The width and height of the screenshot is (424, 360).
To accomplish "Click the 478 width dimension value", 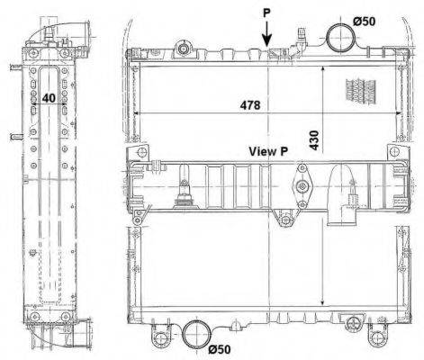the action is pyautogui.click(x=250, y=105).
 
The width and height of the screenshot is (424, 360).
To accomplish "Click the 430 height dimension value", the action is pyautogui.click(x=314, y=139).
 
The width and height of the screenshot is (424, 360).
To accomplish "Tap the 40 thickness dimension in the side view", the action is pyautogui.click(x=49, y=98).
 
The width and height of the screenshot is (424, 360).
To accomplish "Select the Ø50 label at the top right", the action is pyautogui.click(x=364, y=22).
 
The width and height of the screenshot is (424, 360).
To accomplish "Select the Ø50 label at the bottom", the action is pyautogui.click(x=220, y=349).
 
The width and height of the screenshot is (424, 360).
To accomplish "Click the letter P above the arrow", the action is pyautogui.click(x=266, y=13).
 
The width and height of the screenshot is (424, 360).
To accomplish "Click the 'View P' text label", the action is pyautogui.click(x=268, y=151).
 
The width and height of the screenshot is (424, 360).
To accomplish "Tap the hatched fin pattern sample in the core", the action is pyautogui.click(x=361, y=92).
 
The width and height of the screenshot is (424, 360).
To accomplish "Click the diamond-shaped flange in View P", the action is pyautogui.click(x=302, y=186).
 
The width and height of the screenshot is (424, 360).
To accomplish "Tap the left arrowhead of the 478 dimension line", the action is pyautogui.click(x=136, y=113).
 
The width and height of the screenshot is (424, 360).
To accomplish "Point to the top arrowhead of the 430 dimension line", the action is pyautogui.click(x=323, y=69).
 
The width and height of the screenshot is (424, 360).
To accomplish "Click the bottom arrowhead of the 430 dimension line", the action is pyautogui.click(x=323, y=302).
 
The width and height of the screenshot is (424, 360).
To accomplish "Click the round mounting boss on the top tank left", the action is pyautogui.click(x=183, y=49).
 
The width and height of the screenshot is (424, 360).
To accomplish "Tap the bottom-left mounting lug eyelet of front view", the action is pyautogui.click(x=159, y=339).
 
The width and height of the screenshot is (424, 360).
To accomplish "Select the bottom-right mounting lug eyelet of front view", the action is pyautogui.click(x=376, y=338).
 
